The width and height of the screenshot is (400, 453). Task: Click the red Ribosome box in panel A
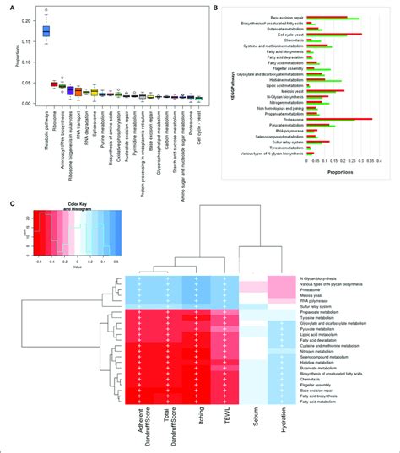tap(54, 84)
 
